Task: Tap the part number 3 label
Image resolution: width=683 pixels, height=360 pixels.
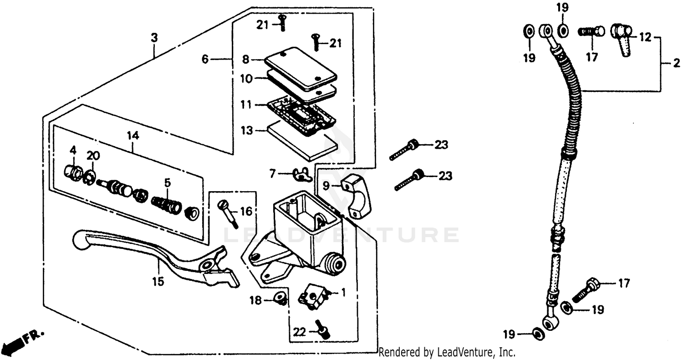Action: tap(154, 38)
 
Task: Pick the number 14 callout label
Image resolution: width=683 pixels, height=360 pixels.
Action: tap(133, 136)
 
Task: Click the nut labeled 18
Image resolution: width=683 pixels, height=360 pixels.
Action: tap(281, 298)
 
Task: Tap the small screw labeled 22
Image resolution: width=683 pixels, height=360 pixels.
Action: tap(324, 330)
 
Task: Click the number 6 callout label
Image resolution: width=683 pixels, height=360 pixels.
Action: tap(205, 59)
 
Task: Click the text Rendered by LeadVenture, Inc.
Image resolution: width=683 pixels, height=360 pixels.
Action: tap(447, 352)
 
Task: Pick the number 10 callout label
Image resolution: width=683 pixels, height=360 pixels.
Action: tap(246, 78)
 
